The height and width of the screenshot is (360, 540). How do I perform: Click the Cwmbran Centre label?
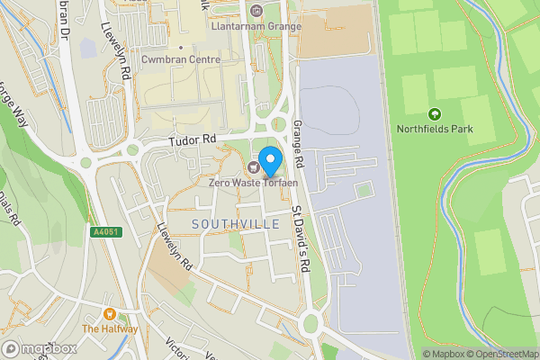180,59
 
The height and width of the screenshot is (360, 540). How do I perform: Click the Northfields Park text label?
435,129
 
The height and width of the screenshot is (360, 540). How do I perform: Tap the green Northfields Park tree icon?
435,114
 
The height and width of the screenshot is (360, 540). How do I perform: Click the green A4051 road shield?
105,232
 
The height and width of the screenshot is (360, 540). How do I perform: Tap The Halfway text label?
110,328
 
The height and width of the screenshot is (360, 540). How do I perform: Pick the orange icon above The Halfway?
110,314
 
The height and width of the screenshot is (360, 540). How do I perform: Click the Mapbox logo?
39,348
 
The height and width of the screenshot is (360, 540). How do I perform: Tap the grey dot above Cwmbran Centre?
180,48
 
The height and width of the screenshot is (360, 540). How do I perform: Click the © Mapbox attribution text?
444,354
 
